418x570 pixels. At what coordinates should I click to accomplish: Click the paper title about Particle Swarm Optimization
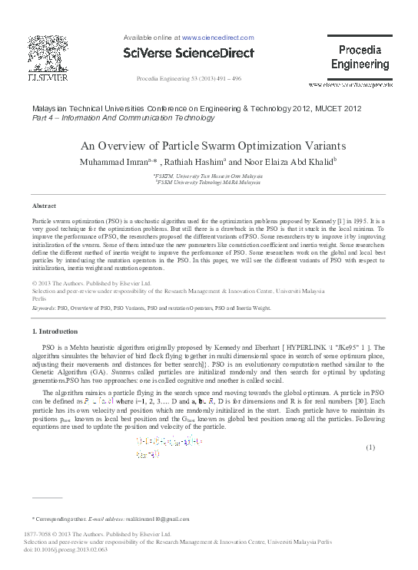click(208, 147)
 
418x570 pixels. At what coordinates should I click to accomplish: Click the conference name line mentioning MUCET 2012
click(196, 110)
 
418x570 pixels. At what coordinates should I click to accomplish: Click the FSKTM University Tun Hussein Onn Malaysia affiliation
click(208, 176)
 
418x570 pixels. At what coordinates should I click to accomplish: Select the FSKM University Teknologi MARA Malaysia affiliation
click(208, 183)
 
